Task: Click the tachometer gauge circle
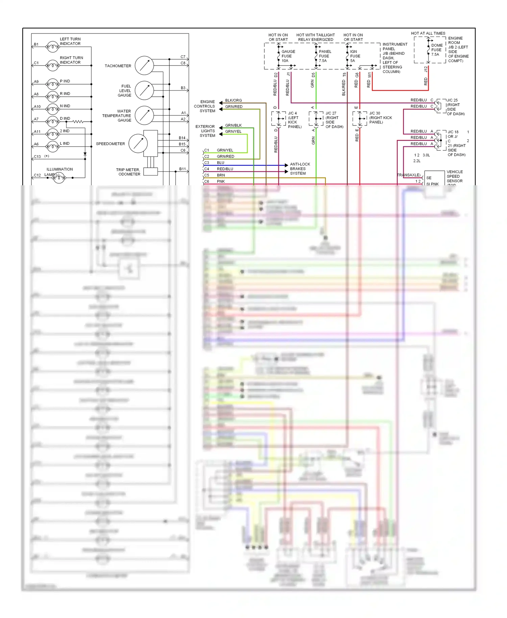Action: (144, 66)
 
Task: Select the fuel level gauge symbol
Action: (144, 91)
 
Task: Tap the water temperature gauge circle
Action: (144, 115)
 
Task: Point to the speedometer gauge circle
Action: (138, 143)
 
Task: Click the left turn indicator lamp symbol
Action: (53, 47)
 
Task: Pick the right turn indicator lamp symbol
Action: (53, 65)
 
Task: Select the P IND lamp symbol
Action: (53, 84)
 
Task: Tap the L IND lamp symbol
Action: (53, 146)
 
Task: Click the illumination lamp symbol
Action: (59, 177)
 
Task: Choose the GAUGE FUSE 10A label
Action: (288, 56)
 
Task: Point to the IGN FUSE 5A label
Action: (355, 56)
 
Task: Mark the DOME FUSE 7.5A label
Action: (437, 50)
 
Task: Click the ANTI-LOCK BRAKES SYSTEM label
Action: (299, 169)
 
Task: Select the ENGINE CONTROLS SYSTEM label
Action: (204, 106)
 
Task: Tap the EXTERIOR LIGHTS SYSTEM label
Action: (205, 131)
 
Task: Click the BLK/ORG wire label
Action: (234, 100)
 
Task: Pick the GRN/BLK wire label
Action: (234, 125)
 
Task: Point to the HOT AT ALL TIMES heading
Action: (428, 33)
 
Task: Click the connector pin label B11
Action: (183, 169)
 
